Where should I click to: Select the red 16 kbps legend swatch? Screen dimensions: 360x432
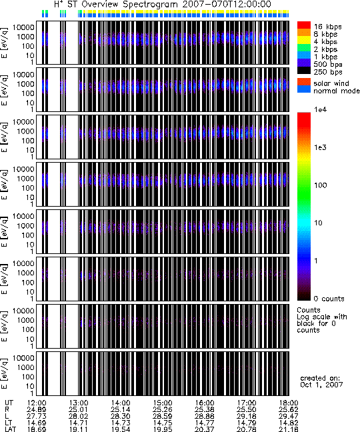[304, 25]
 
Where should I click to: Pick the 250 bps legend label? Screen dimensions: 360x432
[328, 72]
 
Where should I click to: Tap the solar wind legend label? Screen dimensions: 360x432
[331, 83]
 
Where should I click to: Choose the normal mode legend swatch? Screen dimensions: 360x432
[304, 89]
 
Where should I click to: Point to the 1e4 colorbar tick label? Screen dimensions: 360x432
[321, 109]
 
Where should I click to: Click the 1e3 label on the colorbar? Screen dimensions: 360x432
[321, 147]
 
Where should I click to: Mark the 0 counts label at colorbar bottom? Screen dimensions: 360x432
[329, 299]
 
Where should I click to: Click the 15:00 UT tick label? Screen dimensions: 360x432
[163, 403]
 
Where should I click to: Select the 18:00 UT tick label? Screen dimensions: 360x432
[289, 403]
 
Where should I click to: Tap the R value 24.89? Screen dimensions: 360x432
[37, 410]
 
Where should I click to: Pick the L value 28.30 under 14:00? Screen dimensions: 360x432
[121, 416]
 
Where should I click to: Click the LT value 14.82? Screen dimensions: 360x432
[289, 423]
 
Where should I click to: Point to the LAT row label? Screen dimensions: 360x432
[11, 429]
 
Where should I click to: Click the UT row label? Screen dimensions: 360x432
[9, 403]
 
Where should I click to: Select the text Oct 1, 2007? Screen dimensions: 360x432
[321, 385]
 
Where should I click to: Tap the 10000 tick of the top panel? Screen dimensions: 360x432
[23, 27]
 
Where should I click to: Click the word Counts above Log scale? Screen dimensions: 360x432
[309, 310]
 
